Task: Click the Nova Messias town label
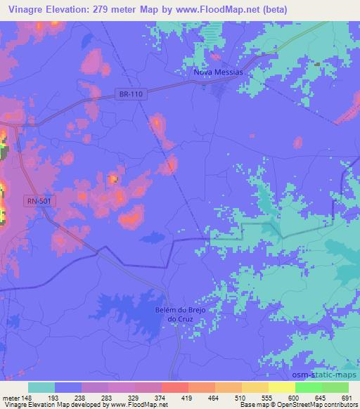[217, 72]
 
